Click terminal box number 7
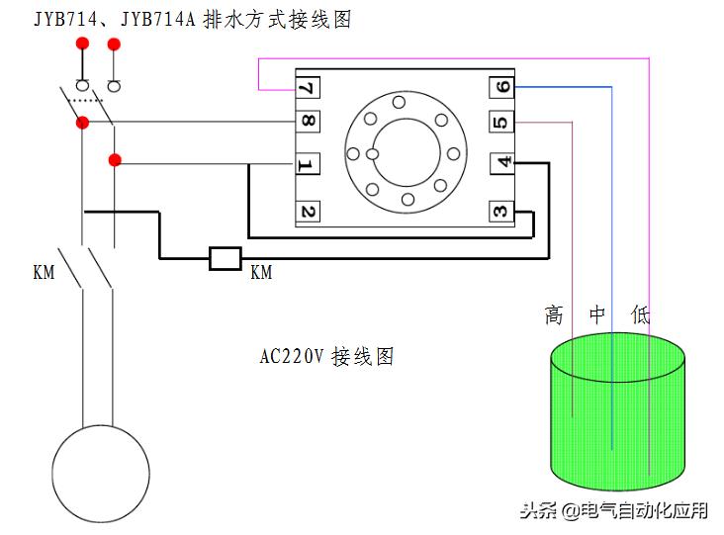coord(308,88)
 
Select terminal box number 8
coord(308,123)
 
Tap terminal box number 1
coord(308,164)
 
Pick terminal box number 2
coord(308,210)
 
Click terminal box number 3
coord(502,210)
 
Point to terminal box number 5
coord(502,123)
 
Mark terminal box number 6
coord(502,88)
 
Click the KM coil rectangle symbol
coord(226,259)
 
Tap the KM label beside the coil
coord(261,271)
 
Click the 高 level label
coord(554,315)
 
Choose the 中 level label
coord(597,315)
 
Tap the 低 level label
coord(641,315)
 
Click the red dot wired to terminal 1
coord(115,159)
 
